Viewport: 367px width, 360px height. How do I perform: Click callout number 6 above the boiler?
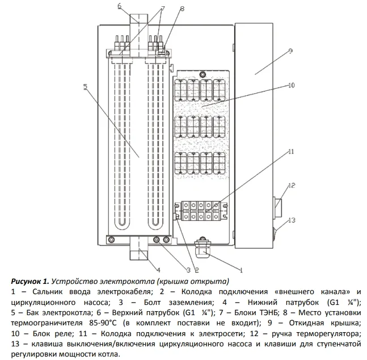click(x=120, y=6)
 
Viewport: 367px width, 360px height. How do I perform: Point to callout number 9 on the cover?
click(x=289, y=51)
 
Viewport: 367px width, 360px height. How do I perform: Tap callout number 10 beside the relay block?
click(x=292, y=86)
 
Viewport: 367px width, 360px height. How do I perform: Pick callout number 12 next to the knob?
click(x=292, y=186)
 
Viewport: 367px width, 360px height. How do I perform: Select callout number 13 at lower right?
click(x=292, y=220)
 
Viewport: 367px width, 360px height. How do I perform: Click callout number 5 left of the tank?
click(x=85, y=87)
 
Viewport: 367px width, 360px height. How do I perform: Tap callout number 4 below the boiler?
click(x=158, y=269)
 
